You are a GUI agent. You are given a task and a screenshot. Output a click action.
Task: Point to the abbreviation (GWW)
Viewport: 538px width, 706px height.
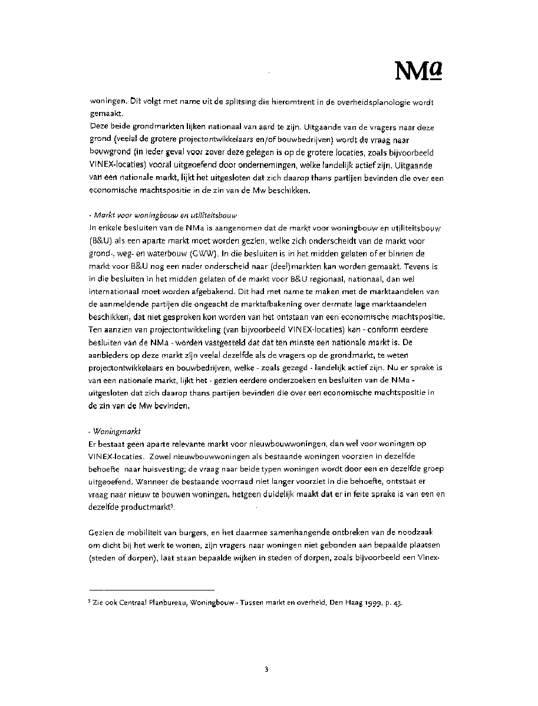click(202, 253)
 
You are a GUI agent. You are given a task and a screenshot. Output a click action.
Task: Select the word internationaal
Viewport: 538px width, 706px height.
click(118, 292)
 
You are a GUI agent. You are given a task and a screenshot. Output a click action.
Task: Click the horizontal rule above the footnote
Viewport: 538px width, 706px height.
click(151, 589)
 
